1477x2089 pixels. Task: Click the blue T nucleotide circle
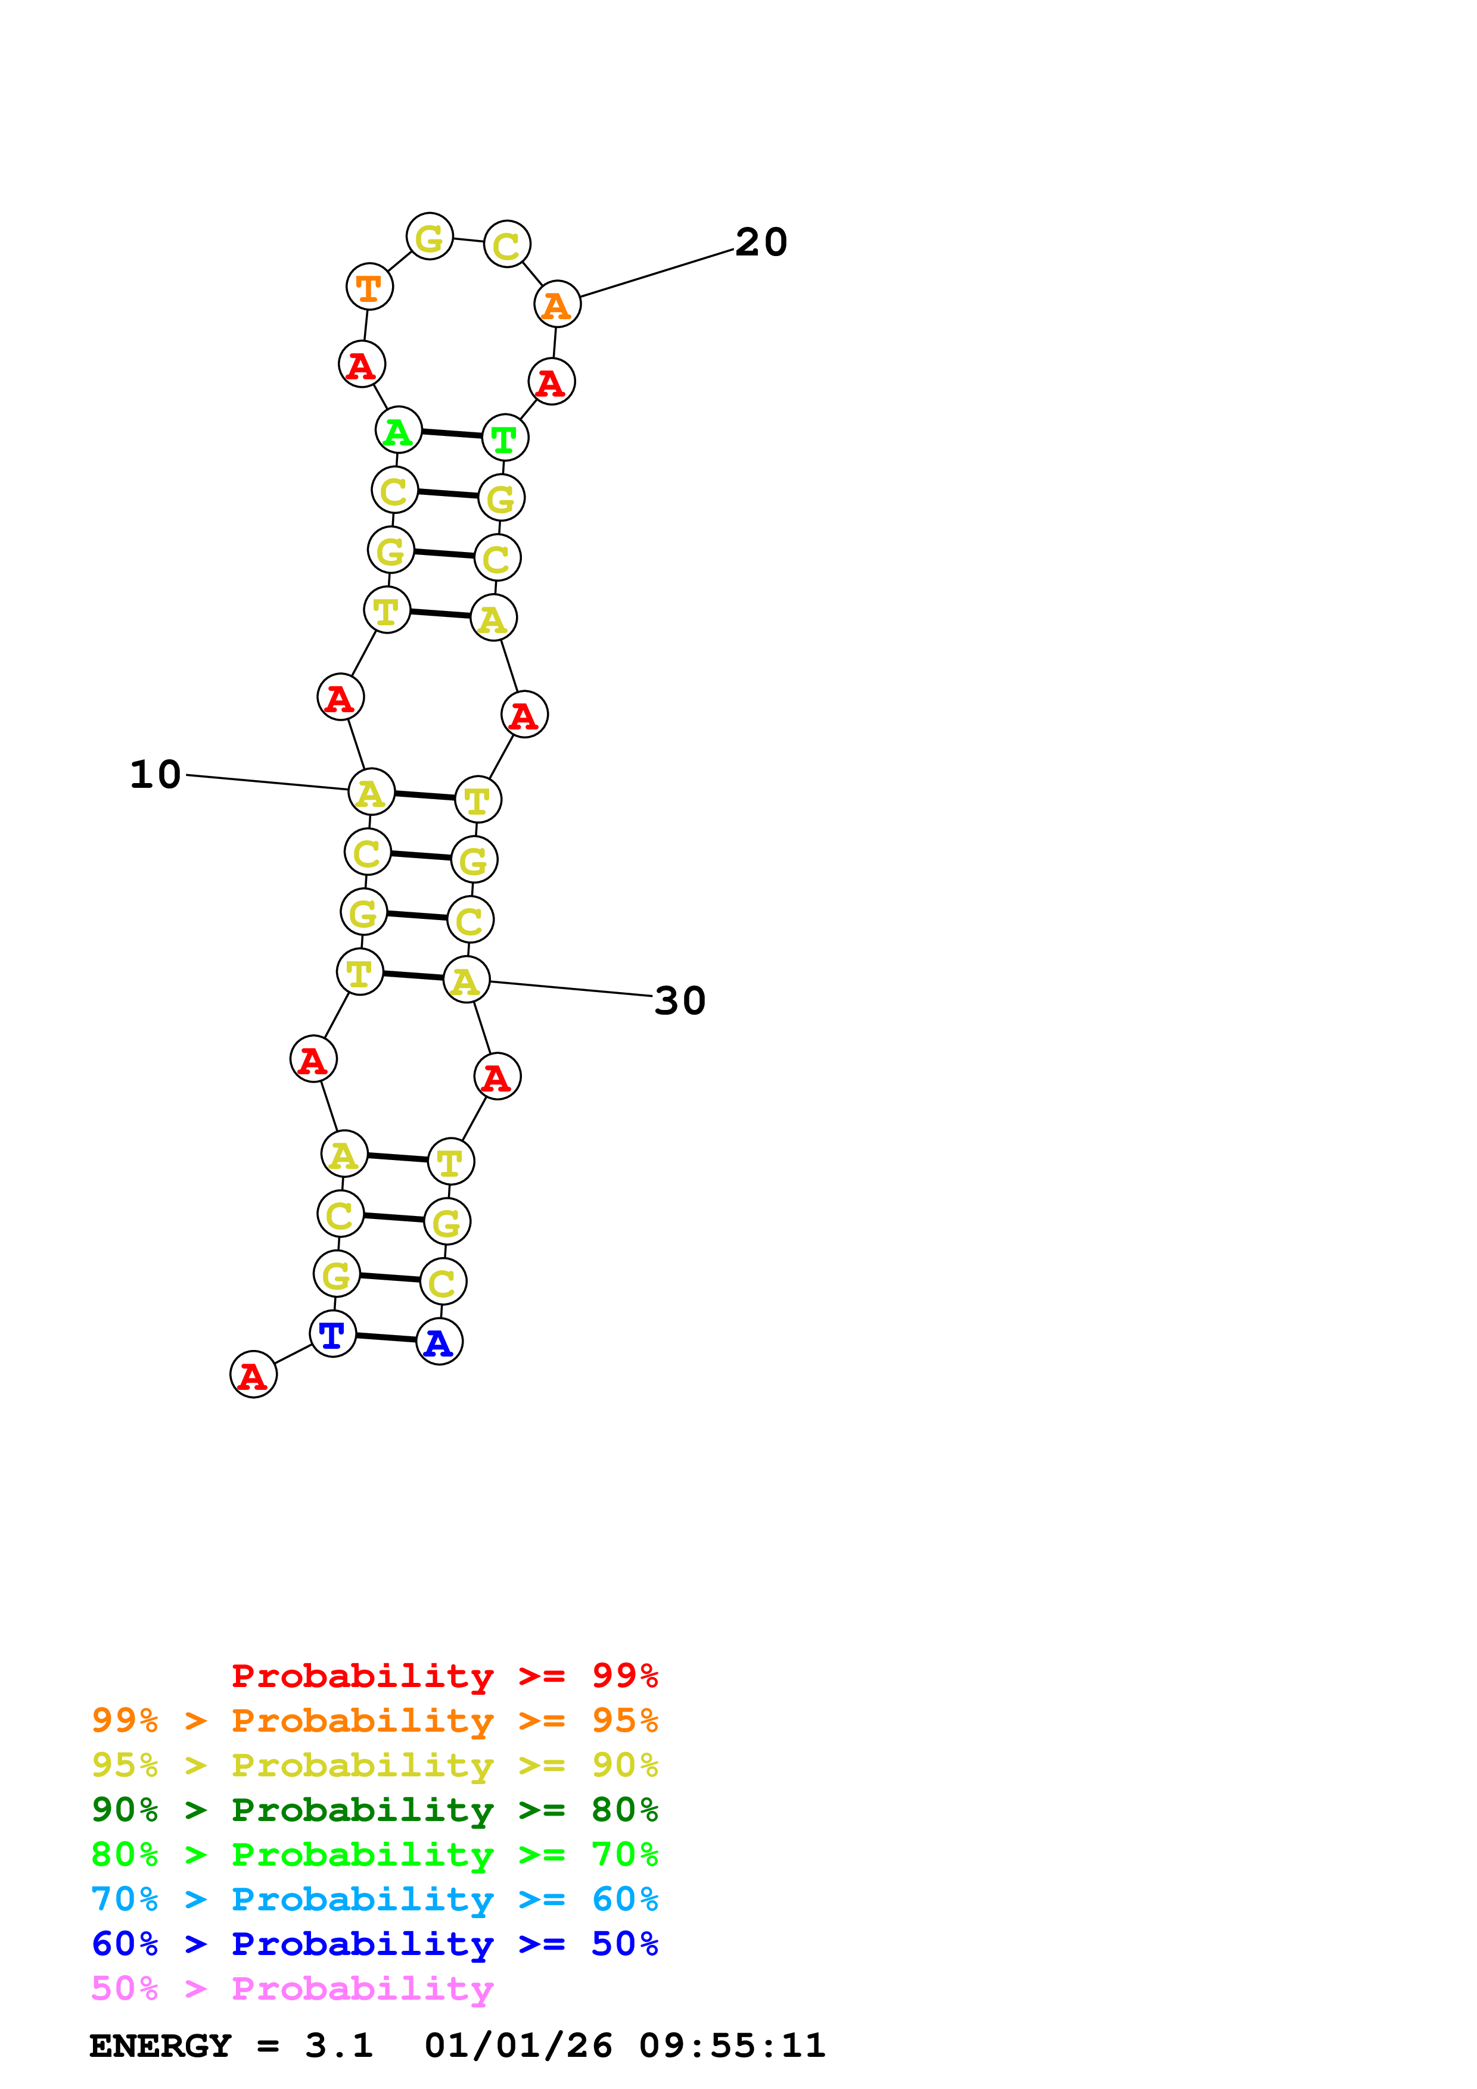point(332,1334)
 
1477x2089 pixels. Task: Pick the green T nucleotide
point(504,438)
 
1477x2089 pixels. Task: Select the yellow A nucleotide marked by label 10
point(371,793)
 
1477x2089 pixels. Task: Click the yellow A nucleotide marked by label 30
point(466,980)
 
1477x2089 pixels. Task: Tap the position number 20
point(761,243)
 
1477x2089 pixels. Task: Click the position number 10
point(155,775)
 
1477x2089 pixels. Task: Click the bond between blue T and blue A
point(386,1337)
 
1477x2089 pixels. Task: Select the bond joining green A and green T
point(452,434)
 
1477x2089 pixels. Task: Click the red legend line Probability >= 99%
point(444,1676)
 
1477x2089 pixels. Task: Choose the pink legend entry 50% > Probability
point(292,1989)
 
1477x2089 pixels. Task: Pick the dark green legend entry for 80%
point(374,1810)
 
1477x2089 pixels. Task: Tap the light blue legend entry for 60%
point(374,1900)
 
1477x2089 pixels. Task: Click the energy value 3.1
point(338,2046)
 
